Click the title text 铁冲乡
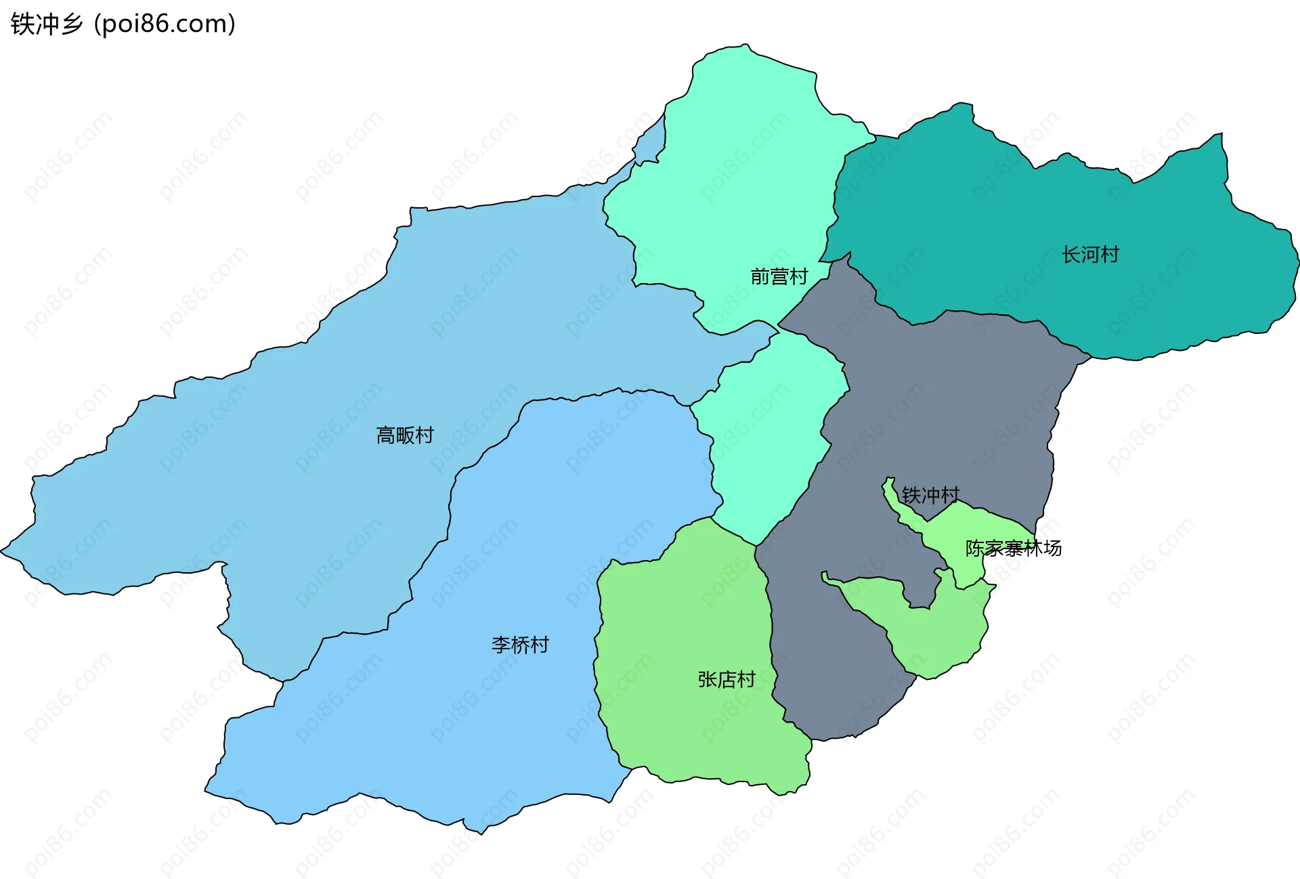tap(46, 24)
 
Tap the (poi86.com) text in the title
tap(165, 24)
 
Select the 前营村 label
tap(779, 276)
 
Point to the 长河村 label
tap(1090, 255)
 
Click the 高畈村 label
tap(405, 435)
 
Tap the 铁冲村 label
tap(930, 495)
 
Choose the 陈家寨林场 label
tap(1013, 548)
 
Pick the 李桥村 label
tap(520, 645)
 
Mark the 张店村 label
tap(727, 679)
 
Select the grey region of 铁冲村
tap(948, 406)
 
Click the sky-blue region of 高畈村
tap(271, 474)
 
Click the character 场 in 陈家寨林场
tap(1052, 548)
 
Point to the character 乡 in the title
tap(70, 24)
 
